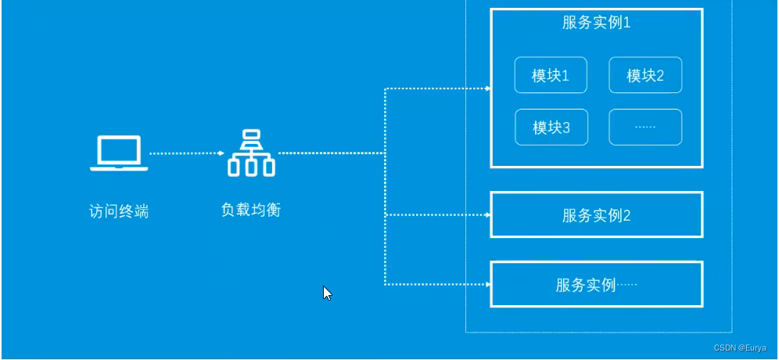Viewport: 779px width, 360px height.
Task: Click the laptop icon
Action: [x=118, y=153]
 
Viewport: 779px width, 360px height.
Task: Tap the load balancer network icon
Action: [x=251, y=153]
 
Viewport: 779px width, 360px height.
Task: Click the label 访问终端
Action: [x=118, y=211]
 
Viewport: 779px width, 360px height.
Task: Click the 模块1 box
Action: [x=551, y=75]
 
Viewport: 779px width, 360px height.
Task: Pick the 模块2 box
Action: [x=645, y=75]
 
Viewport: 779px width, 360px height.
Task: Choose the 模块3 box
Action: [x=551, y=128]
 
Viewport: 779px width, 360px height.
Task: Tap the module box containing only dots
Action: [x=645, y=127]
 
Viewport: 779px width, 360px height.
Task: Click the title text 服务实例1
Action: [x=596, y=22]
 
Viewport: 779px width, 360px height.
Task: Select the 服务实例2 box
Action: [x=596, y=214]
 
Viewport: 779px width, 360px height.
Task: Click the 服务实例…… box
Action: [x=596, y=284]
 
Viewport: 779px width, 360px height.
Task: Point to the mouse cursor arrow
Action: [x=327, y=293]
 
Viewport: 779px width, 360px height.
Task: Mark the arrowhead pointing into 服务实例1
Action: [x=488, y=88]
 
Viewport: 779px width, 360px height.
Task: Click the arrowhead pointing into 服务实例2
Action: [x=488, y=214]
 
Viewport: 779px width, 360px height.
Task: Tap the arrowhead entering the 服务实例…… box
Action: [x=488, y=284]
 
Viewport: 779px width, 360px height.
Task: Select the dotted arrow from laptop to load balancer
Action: [x=185, y=153]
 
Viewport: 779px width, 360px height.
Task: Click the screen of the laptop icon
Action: [x=118, y=149]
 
